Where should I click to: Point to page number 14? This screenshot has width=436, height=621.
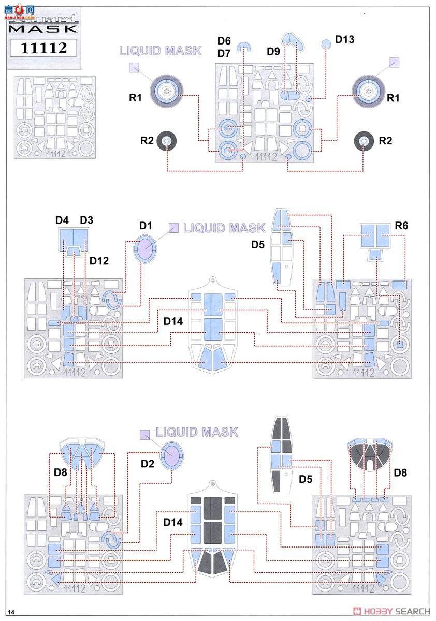(x=11, y=612)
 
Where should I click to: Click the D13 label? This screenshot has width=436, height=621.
(x=344, y=39)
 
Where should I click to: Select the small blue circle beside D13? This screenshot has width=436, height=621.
(x=325, y=44)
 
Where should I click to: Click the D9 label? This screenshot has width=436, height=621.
(x=273, y=52)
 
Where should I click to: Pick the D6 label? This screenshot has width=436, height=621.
(x=224, y=41)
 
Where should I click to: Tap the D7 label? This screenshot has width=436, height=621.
(x=224, y=53)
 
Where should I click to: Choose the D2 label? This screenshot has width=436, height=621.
(x=148, y=464)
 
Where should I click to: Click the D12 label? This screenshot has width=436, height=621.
(x=99, y=260)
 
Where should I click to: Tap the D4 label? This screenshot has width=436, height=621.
(x=62, y=220)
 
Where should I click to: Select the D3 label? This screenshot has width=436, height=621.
(x=86, y=220)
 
